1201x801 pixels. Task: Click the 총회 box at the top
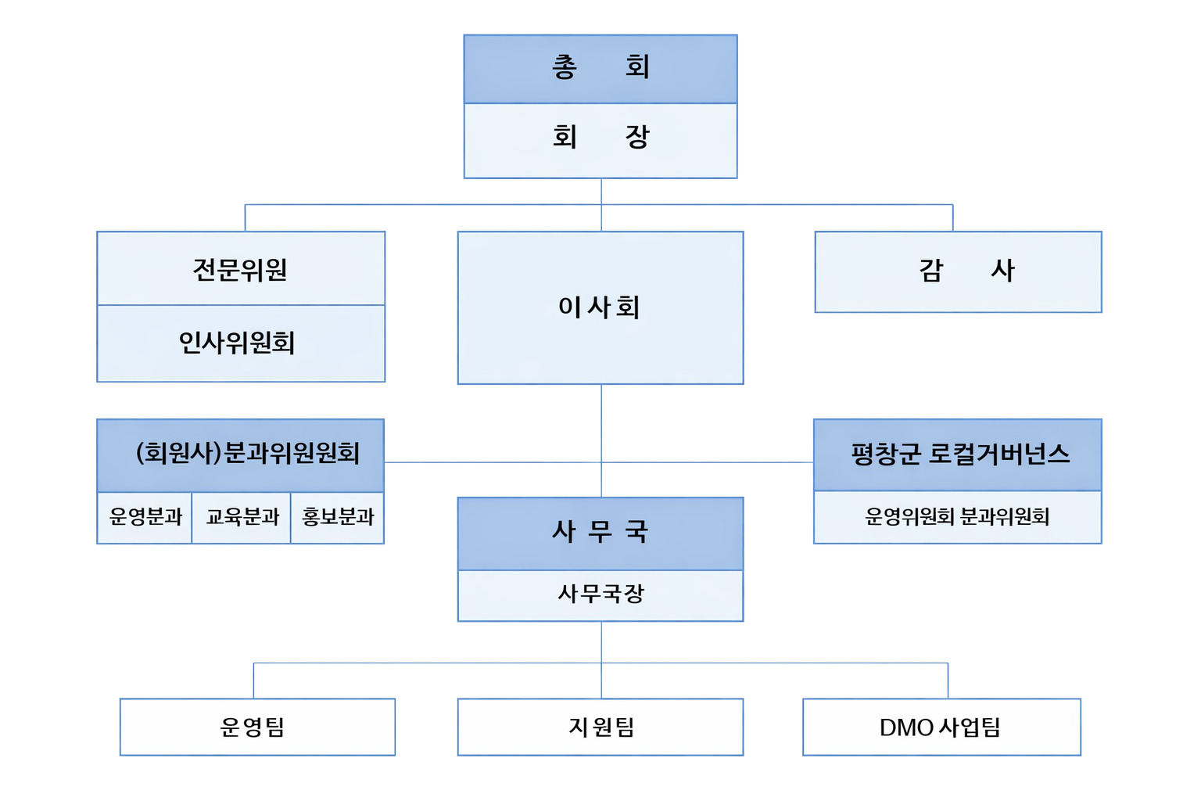[x=600, y=69]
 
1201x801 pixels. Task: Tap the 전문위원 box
[x=241, y=269]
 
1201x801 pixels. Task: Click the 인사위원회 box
[x=241, y=343]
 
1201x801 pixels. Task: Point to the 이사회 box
[x=600, y=307]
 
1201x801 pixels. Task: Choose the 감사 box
[x=958, y=271]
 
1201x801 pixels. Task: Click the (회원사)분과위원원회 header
[x=241, y=454]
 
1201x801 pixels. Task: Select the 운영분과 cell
[x=145, y=517]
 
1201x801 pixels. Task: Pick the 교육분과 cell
[x=242, y=517]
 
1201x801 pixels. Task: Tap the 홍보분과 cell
[x=338, y=517]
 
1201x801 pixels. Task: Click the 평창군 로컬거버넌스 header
[x=958, y=454]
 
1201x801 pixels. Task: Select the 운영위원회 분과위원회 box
[x=958, y=517]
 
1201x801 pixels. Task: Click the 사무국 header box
[x=600, y=533]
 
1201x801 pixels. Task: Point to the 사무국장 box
[x=600, y=594]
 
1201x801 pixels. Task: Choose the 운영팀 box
[x=257, y=727]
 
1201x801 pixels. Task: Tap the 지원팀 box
[x=600, y=727]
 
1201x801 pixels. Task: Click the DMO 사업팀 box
[x=941, y=727]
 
